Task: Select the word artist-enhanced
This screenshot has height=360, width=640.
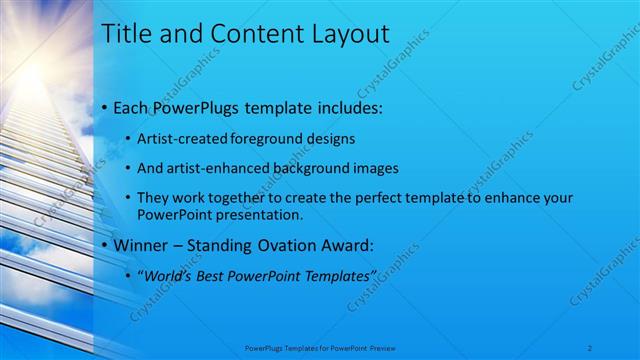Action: (x=211, y=168)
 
